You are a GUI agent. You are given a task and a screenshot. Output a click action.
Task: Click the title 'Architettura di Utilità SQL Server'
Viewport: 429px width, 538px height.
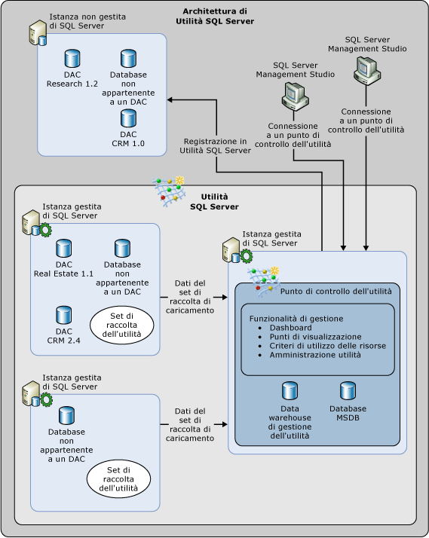point(218,16)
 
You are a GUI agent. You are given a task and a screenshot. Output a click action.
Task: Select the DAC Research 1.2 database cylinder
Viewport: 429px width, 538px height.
point(72,58)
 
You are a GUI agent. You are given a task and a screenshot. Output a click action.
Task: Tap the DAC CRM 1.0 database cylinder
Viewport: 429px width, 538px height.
point(128,118)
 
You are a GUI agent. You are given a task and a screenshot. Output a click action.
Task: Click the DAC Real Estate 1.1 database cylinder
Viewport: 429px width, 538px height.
point(63,248)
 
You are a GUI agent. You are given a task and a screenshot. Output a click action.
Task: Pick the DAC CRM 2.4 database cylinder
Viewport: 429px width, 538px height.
point(63,315)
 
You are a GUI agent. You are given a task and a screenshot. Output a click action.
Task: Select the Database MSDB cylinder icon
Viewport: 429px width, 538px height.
point(347,390)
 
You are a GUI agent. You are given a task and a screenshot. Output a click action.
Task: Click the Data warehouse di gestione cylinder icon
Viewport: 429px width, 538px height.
point(289,390)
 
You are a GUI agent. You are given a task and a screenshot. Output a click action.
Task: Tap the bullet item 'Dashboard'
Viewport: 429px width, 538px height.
point(290,328)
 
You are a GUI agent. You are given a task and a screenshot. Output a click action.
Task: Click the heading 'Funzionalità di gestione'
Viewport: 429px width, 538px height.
point(296,318)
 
